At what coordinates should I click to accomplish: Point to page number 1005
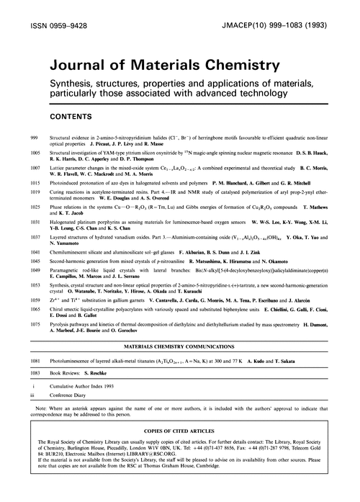pos(35,153)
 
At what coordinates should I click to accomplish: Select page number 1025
pos(35,207)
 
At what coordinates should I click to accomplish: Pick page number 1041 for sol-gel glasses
pos(35,254)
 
